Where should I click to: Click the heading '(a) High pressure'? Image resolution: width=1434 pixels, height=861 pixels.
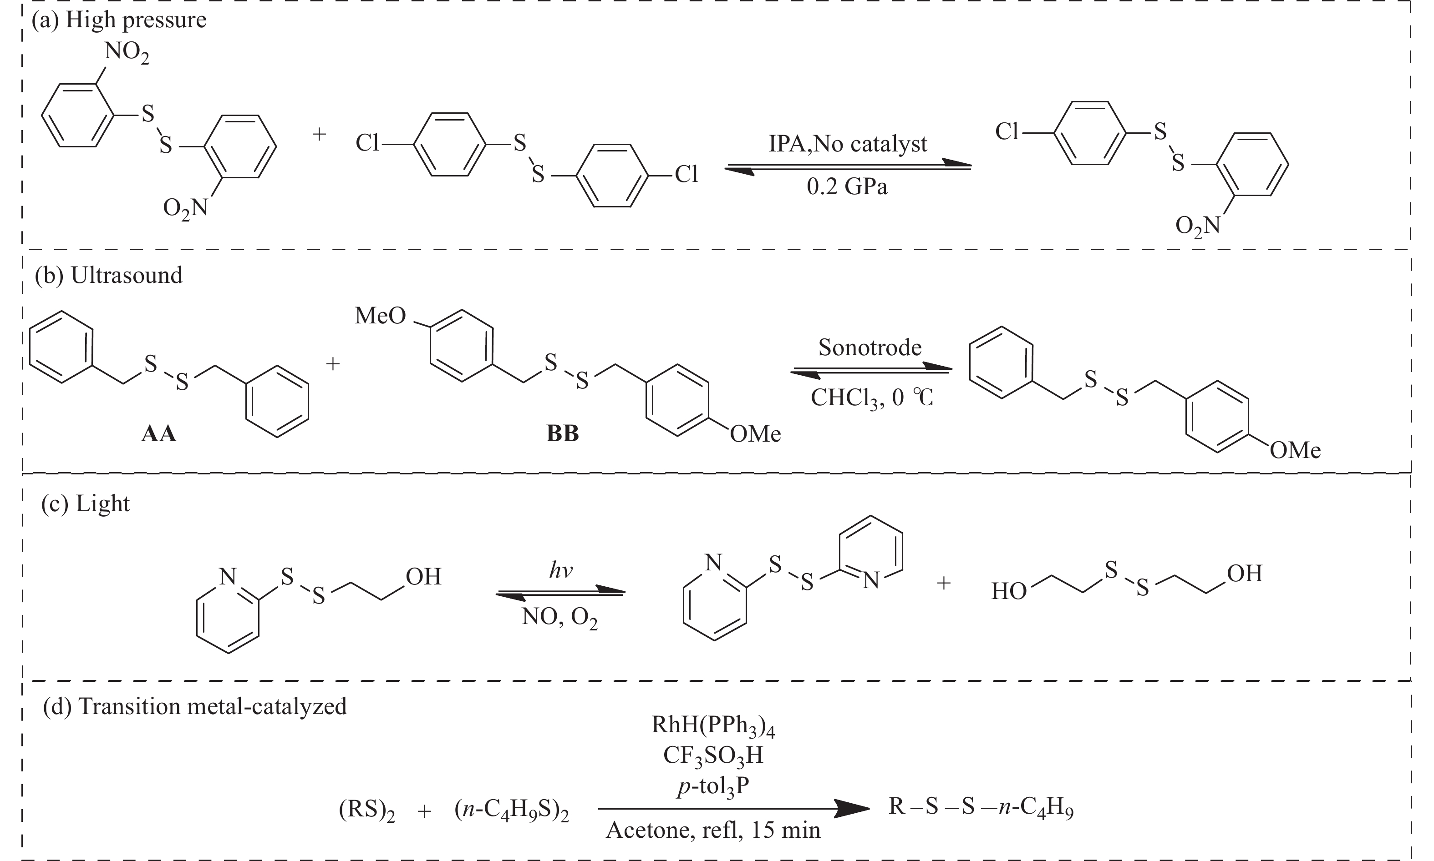coord(119,20)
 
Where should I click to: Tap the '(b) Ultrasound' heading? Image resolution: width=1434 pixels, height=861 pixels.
coord(108,275)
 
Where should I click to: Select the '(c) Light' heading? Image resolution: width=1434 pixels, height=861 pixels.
coord(85,503)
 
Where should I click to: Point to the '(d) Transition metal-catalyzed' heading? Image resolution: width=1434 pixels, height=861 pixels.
coord(195,706)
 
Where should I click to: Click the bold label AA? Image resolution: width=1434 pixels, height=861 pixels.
coord(158,434)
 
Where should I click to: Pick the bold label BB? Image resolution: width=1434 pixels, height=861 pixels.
coord(562,434)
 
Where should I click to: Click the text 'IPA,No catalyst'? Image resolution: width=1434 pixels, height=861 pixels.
coord(848,143)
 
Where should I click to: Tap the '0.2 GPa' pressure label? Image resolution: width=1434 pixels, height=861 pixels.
coord(847,187)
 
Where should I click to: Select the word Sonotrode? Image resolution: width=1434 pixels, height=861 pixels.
coord(870,347)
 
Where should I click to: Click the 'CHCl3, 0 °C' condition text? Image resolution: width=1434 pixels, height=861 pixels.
coord(871,398)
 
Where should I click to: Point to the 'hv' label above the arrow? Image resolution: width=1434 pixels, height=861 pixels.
coord(560,570)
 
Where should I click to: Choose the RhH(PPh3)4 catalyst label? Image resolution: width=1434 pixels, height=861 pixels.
coord(713,726)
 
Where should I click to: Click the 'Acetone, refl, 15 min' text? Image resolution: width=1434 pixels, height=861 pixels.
coord(713,830)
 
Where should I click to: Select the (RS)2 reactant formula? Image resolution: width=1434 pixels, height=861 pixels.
coord(367,809)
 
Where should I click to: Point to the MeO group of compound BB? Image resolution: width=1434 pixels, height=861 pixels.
coord(380,316)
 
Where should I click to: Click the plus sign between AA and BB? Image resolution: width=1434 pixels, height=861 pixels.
coord(333,364)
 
